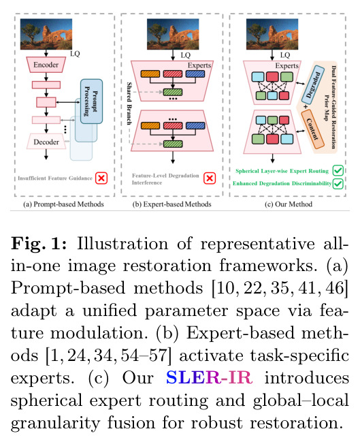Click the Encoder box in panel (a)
point(46,65)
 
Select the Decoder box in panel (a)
point(46,142)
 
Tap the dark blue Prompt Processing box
point(91,101)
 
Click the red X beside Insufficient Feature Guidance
point(101,178)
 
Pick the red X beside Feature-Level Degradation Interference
point(210,178)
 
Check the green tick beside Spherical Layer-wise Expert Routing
point(338,170)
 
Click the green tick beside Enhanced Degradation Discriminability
point(338,183)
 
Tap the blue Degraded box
point(313,85)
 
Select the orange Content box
point(312,129)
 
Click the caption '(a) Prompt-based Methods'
point(63,204)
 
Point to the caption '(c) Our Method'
point(289,204)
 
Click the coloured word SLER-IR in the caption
point(210,377)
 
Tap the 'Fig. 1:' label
point(39,244)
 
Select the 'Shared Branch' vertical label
point(129,104)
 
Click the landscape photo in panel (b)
point(173,34)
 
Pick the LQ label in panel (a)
point(75,54)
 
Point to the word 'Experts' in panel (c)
point(287,65)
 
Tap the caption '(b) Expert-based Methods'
point(171,204)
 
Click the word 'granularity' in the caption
point(56,423)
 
